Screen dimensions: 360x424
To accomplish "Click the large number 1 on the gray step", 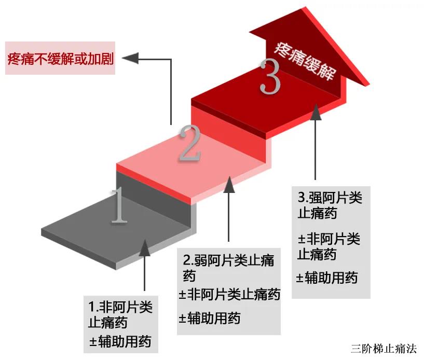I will (119, 206).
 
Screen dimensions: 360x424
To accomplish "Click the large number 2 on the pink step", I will (189, 143).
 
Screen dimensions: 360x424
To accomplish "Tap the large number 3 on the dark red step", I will (270, 77).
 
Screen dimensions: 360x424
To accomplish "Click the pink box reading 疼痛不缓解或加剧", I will (60, 58).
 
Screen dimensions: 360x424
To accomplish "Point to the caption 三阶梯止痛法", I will (383, 349).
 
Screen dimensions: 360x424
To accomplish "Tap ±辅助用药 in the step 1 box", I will (120, 342).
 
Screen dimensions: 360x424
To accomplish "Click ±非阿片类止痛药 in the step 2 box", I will (229, 295).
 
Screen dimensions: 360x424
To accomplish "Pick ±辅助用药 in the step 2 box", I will (210, 317).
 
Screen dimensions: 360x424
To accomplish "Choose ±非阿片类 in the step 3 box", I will (329, 239).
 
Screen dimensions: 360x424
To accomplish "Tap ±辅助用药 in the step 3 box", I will (327, 278).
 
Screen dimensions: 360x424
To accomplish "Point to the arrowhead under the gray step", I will (145, 248).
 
